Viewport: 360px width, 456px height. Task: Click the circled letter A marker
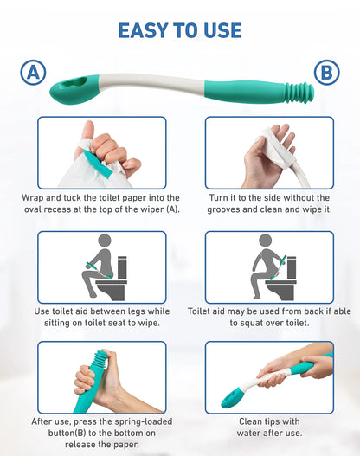pos(33,73)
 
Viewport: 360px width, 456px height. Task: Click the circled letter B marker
pos(327,73)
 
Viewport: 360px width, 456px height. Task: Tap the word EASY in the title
pos(143,30)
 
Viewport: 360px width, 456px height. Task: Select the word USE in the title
pos(222,30)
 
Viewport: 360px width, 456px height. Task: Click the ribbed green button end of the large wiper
pos(299,93)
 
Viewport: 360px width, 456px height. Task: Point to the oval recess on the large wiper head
pos(75,82)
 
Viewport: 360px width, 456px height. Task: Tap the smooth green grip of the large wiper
pos(244,92)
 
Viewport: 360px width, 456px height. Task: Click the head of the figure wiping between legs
pos(105,241)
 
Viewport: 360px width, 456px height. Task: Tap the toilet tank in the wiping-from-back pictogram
pos(292,267)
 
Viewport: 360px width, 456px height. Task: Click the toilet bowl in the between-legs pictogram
pos(112,289)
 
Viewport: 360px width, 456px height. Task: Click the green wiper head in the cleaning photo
pos(230,397)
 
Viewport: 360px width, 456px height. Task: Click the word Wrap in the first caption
pos(33,198)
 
